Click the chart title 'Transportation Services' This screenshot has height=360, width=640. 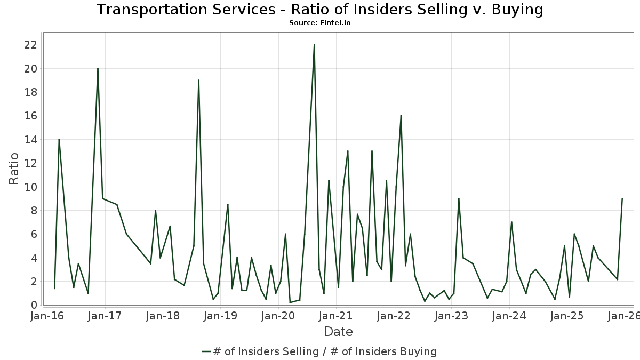pos(320,10)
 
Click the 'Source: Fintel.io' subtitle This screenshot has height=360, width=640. pos(320,23)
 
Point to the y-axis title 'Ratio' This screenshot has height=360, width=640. pos(13,169)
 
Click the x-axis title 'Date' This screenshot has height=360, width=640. pos(338,332)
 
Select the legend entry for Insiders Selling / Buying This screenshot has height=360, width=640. pos(319,351)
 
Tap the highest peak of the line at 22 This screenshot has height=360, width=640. pos(314,45)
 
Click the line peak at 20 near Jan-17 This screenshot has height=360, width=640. pos(98,68)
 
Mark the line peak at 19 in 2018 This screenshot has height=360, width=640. pos(198,80)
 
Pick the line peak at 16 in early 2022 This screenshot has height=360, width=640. pos(401,116)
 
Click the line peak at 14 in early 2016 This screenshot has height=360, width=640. pos(59,139)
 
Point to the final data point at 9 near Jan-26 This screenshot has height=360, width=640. pos(622,198)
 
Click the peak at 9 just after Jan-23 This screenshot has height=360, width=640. pos(459,198)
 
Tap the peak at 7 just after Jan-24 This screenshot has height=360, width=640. pos(511,222)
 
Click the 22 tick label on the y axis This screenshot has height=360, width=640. pos(30,45)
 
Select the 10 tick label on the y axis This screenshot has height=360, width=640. pos(30,187)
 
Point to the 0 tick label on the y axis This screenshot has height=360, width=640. pos(34,305)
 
